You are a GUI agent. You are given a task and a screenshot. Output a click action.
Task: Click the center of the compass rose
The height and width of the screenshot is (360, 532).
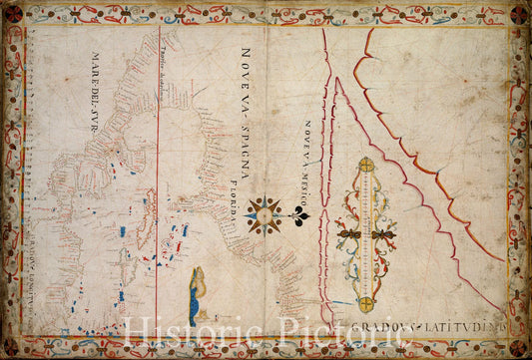pyautogui.click(x=265, y=214)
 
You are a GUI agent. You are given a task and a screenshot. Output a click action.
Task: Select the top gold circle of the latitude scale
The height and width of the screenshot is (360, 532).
pyautogui.click(x=366, y=165)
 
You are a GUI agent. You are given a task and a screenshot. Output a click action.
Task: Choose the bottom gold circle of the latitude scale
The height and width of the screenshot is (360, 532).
pyautogui.click(x=366, y=303)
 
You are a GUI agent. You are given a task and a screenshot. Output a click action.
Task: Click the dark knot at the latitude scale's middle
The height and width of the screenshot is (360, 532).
pyautogui.click(x=366, y=235)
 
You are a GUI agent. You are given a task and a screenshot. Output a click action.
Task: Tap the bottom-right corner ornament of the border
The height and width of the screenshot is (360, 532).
pyautogui.click(x=519, y=347)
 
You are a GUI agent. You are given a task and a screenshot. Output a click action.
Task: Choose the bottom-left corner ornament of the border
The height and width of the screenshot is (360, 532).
pyautogui.click(x=13, y=347)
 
